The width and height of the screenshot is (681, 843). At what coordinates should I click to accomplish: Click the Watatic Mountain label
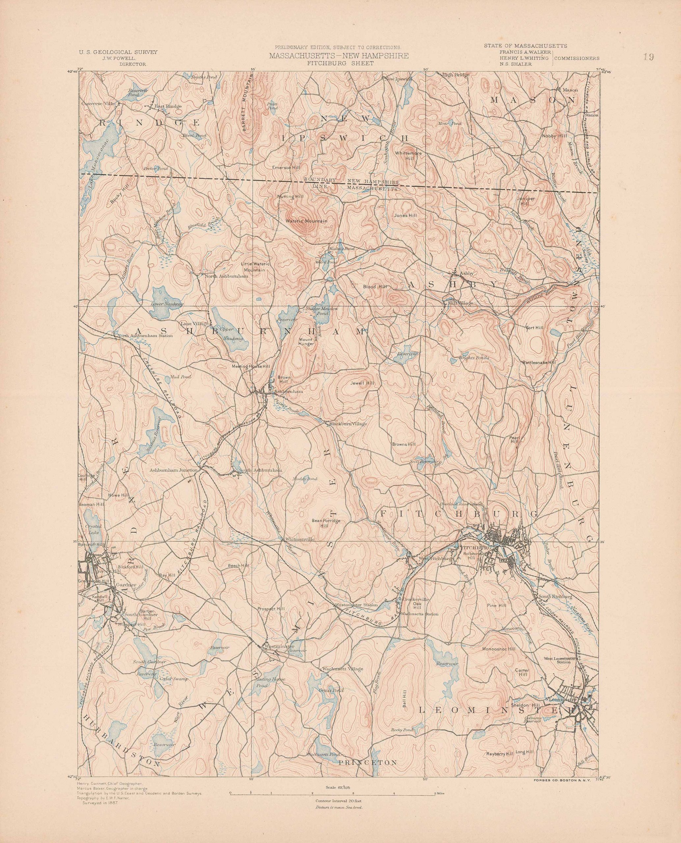click(x=306, y=221)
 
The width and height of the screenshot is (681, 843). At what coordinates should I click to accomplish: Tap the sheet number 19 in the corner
click(x=648, y=57)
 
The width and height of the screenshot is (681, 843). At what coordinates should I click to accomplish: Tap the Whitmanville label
click(x=300, y=539)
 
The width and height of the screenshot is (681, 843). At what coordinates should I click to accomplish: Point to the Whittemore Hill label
click(x=408, y=156)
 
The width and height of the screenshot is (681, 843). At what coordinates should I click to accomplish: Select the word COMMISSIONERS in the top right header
click(x=577, y=58)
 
